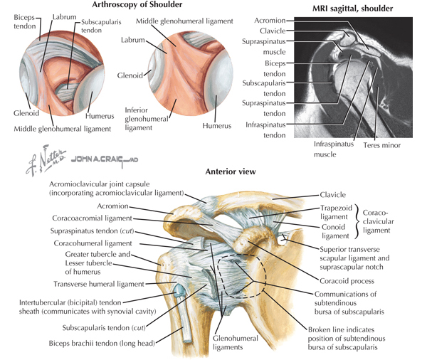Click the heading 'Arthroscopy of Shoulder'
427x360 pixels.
click(x=137, y=5)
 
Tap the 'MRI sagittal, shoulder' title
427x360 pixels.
click(x=352, y=9)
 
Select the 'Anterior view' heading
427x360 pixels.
click(x=231, y=171)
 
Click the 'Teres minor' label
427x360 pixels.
click(x=381, y=145)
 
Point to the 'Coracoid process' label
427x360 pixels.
click(x=347, y=281)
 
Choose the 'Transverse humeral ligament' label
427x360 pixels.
click(x=99, y=284)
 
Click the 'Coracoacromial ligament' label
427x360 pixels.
click(x=92, y=218)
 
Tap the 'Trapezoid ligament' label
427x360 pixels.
click(x=336, y=213)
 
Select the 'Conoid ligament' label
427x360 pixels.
click(x=335, y=231)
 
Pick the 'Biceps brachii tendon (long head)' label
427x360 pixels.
click(x=102, y=343)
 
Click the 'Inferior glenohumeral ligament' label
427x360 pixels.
click(x=147, y=119)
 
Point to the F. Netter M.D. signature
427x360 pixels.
click(x=46, y=160)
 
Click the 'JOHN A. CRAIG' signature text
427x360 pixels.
click(x=105, y=159)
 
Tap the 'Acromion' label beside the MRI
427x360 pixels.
click(x=270, y=21)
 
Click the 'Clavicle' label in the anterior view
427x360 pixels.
click(x=333, y=195)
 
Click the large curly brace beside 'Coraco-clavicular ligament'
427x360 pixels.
click(x=357, y=222)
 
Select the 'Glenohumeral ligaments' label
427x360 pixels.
click(x=236, y=343)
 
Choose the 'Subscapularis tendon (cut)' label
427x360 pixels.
click(x=104, y=327)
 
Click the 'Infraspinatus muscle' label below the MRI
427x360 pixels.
click(x=333, y=149)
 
